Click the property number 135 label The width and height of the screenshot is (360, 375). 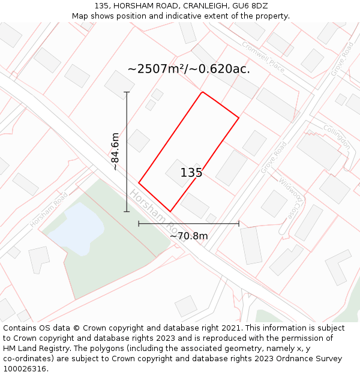pos(191,173)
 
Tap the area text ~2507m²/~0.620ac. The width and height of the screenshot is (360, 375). pos(188,69)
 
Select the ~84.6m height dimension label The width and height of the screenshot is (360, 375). pos(116,151)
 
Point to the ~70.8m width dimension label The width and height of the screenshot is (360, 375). pos(188,236)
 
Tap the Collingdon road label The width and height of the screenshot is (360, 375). pos(337,137)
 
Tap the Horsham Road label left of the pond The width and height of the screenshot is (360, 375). pos(49,210)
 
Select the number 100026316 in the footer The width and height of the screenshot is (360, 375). pos(25,369)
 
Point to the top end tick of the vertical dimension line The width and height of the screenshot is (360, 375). pos(127,92)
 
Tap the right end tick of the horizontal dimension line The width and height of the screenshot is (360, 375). pos(239,223)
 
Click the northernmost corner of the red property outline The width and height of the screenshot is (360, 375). pos(202,92)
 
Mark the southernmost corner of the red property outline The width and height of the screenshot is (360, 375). pos(170,211)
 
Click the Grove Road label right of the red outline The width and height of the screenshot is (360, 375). pos(273,158)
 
